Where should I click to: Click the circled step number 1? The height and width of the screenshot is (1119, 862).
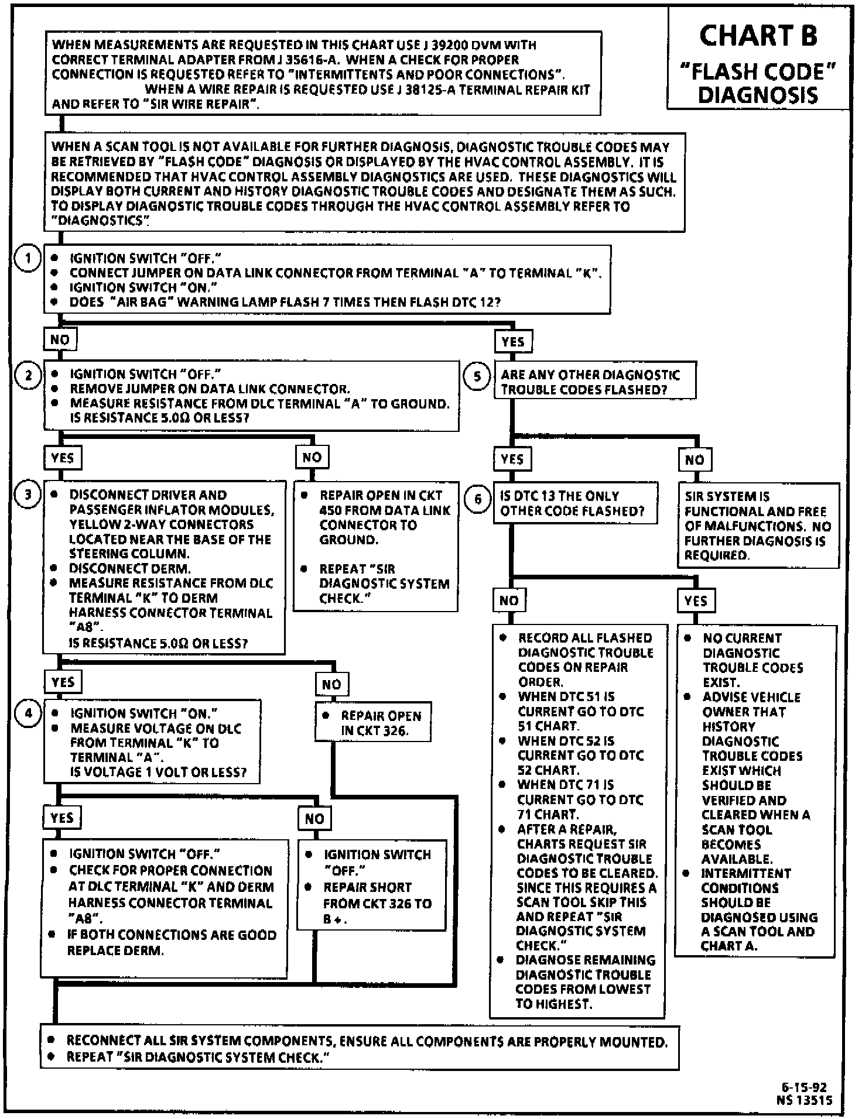(28, 259)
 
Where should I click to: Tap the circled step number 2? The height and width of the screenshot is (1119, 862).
(28, 375)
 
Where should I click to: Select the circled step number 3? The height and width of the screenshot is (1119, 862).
(28, 495)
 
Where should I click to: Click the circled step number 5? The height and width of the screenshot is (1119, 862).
(477, 376)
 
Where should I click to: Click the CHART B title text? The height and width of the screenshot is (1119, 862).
(758, 36)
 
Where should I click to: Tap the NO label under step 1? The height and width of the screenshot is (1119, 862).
(60, 339)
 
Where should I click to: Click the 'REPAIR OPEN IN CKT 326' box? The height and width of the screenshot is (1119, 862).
(374, 723)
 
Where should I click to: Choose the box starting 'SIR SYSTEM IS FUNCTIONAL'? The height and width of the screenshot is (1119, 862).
(758, 526)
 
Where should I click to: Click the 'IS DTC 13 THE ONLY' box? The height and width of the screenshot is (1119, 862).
(575, 503)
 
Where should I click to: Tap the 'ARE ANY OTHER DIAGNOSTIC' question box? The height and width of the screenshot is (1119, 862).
(595, 382)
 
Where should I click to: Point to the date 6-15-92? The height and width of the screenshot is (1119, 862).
(804, 1087)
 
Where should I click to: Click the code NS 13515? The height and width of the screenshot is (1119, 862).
(804, 1100)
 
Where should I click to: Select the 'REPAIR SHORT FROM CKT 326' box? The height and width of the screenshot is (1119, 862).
(372, 886)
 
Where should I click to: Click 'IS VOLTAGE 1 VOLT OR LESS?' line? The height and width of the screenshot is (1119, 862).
(158, 773)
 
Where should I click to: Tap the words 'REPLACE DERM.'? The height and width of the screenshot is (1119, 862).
(115, 950)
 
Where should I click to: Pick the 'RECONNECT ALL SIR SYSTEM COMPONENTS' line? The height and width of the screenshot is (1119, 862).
(367, 1042)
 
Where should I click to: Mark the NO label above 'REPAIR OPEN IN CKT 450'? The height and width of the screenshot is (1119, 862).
(312, 457)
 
